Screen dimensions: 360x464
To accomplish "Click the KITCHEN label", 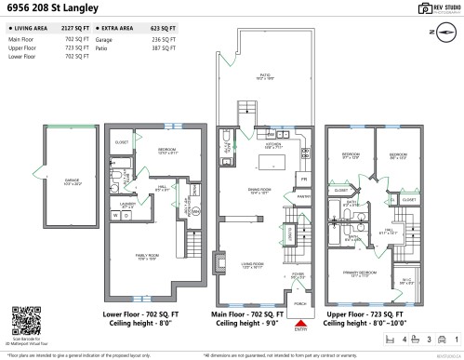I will pos(273,144).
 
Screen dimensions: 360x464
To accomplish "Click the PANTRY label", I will pos(303,197).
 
